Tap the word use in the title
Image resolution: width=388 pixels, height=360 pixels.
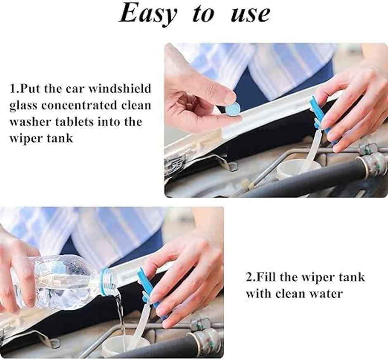pos(251,14)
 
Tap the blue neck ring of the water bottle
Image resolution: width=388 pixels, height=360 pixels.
pos(104,281)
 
